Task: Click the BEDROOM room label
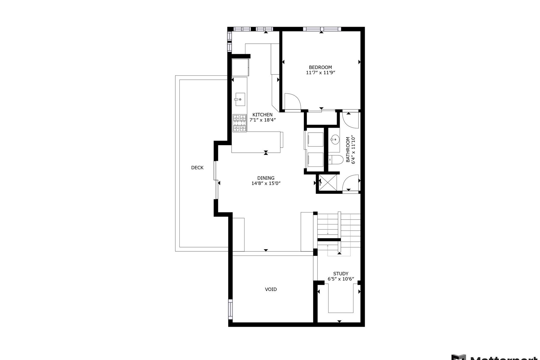320,67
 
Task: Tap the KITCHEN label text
262,115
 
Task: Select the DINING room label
266,178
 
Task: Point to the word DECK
197,168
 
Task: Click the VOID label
271,289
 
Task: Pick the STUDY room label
341,274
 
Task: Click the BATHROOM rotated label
348,150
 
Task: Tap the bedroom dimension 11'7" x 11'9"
320,73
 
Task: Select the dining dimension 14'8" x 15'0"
266,183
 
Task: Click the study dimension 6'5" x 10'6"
341,279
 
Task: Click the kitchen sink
240,99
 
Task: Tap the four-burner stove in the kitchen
240,123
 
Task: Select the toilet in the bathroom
336,160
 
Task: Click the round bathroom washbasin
335,139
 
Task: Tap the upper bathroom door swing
350,120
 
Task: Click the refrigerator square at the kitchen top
240,67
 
